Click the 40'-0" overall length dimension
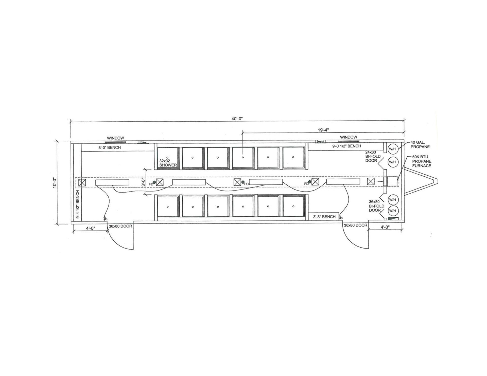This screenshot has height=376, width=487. [237, 119]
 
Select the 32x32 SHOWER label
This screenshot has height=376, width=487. [168, 163]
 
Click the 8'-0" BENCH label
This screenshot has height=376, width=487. [110, 147]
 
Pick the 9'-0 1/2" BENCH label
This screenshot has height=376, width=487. [347, 146]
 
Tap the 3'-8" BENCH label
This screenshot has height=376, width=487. [324, 217]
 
